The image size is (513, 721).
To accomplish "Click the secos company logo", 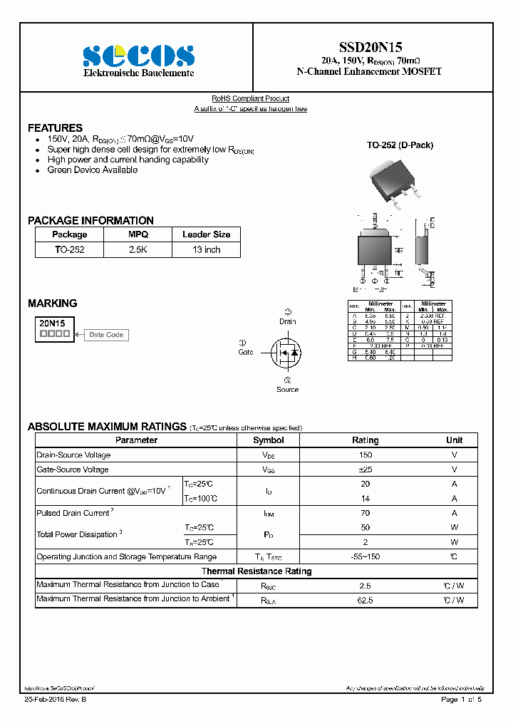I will tap(138, 55).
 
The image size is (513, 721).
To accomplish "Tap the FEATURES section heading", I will tap(55, 128).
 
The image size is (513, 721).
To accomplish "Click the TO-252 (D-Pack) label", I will tap(400, 145).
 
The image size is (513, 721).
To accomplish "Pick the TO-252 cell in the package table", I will tap(69, 250).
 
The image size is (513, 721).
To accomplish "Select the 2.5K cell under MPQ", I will tap(138, 250).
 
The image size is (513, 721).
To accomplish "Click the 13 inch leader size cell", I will tap(206, 250).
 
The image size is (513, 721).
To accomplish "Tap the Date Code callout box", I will tap(106, 334).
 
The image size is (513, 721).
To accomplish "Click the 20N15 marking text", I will tap(53, 323).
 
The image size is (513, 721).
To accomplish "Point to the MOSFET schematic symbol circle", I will tap(286, 353).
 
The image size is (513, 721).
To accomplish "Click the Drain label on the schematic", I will tap(287, 321).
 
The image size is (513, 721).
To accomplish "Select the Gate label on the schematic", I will tap(246, 352).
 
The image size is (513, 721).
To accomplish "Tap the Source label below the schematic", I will tap(287, 390).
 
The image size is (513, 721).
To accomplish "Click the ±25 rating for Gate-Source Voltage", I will tap(366, 470).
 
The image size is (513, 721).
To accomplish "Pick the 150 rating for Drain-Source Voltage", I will tap(366, 455).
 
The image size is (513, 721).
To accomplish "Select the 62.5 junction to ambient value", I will tap(366, 600).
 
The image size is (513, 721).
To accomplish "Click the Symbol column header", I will tap(268, 440).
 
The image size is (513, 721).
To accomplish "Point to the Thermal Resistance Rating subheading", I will tap(256, 571).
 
